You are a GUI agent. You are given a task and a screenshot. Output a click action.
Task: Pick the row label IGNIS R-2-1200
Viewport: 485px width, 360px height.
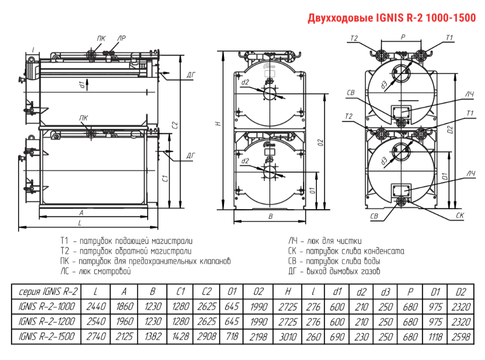[46, 321]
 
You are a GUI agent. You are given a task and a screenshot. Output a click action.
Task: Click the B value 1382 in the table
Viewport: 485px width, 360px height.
[152, 337]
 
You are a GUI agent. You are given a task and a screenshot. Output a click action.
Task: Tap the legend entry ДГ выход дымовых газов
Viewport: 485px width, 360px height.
[334, 271]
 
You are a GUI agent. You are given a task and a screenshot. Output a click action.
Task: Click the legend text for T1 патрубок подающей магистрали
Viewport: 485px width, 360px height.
[126, 241]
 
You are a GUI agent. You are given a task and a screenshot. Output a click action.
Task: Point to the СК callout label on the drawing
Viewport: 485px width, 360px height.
[459, 216]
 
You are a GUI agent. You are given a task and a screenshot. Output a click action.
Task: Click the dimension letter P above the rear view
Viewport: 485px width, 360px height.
[402, 37]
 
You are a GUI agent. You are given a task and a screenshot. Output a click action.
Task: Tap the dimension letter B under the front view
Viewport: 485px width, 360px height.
[270, 216]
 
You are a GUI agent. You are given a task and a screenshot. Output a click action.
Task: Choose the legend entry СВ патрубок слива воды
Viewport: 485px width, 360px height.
[333, 261]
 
